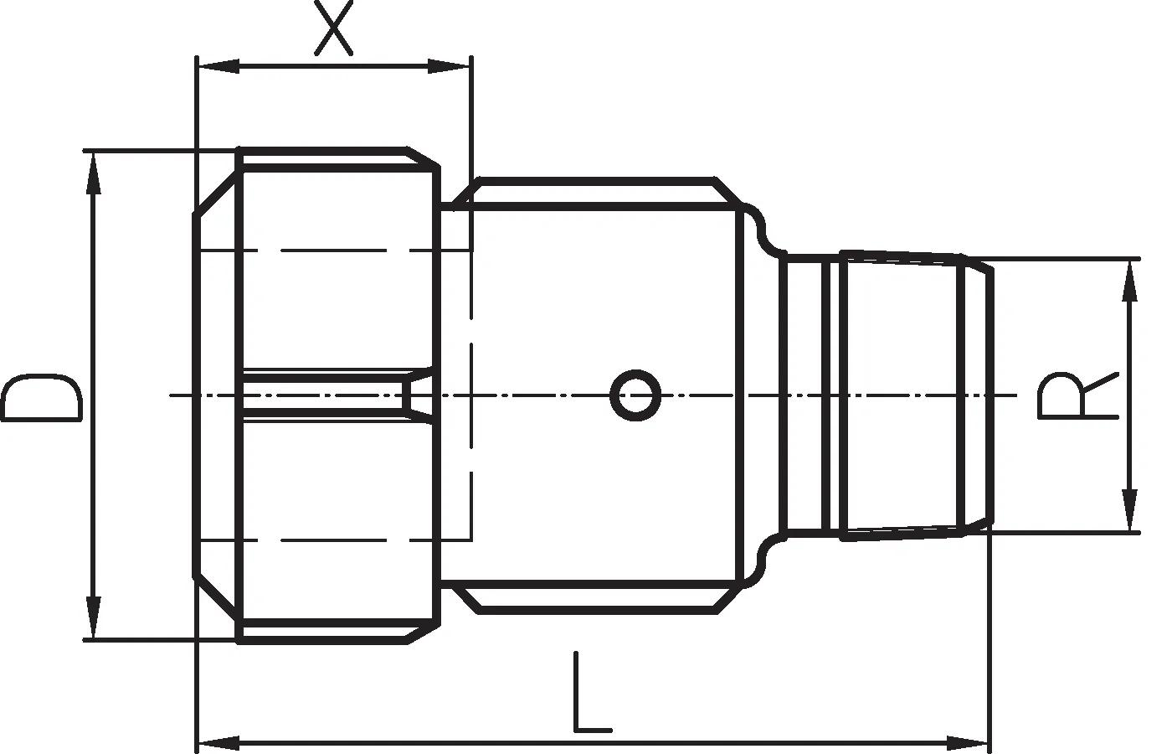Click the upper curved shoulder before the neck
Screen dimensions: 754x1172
tap(761, 228)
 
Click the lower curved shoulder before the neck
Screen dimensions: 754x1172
tap(761, 562)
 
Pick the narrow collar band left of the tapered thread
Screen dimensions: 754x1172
tap(830, 395)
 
